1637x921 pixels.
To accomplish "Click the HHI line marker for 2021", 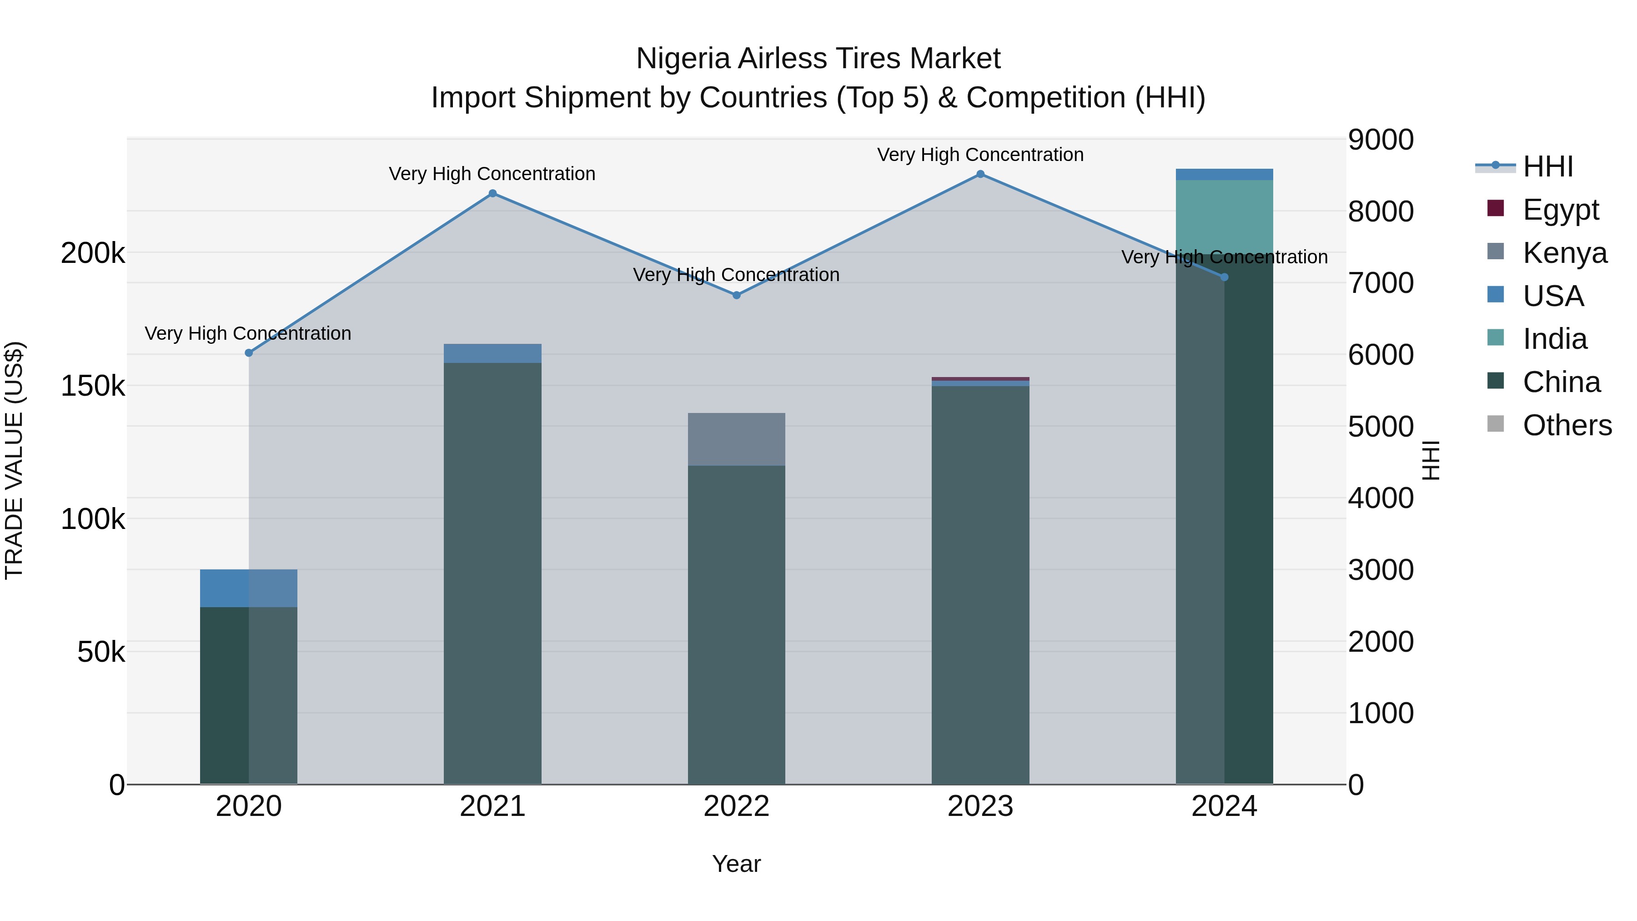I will tap(492, 194).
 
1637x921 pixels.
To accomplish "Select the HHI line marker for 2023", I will tap(980, 174).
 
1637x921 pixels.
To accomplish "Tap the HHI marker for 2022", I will tap(737, 295).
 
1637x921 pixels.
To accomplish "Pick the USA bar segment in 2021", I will tap(492, 353).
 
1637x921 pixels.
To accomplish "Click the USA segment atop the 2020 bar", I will tap(248, 588).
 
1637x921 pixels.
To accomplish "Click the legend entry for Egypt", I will tap(1560, 210).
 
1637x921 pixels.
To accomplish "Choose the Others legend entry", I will tap(1567, 425).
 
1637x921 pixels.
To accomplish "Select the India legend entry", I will tap(1554, 339).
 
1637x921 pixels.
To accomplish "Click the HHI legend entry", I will tap(1547, 166).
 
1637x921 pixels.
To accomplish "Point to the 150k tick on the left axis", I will tap(93, 386).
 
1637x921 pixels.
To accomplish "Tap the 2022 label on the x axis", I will tap(737, 806).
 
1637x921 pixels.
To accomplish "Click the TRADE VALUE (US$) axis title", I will tap(14, 460).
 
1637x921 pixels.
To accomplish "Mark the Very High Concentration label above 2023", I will tap(980, 155).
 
